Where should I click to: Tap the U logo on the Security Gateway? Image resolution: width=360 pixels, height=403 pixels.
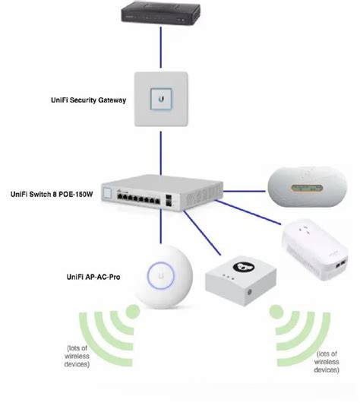pos(163,98)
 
